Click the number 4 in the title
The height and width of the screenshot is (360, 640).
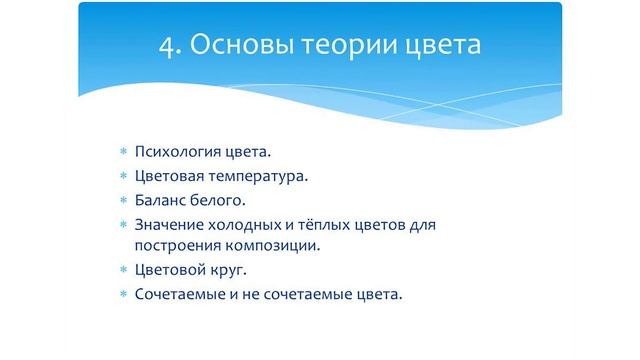point(168,46)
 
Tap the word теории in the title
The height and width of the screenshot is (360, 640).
point(346,46)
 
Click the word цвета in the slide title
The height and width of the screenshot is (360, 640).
point(440,46)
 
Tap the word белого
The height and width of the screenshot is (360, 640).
point(217,200)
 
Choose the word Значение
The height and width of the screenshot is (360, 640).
point(167,224)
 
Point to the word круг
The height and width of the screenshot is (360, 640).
point(223,270)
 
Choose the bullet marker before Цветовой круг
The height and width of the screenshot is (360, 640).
point(124,271)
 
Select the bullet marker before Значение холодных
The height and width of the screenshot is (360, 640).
point(124,225)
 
